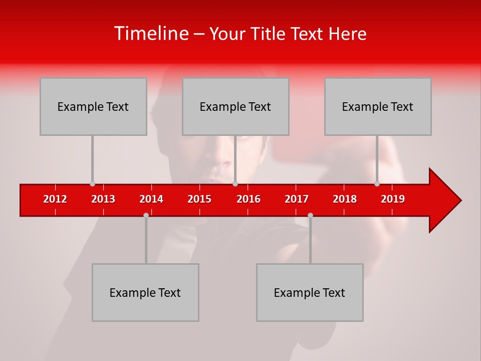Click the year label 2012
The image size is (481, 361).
[x=55, y=199]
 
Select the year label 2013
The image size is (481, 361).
[x=103, y=199]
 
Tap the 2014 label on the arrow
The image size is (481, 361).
[x=151, y=199]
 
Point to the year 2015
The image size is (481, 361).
[x=199, y=199]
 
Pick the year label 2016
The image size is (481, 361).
[x=249, y=199]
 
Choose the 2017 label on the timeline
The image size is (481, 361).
[x=297, y=199]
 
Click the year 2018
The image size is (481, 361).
[x=345, y=199]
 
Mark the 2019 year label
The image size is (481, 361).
[x=393, y=199]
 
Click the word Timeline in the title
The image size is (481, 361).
[x=150, y=34]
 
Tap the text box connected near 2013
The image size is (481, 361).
[x=93, y=106]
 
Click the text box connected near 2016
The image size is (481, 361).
[x=235, y=106]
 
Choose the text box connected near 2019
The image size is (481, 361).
[x=378, y=106]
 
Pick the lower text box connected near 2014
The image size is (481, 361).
[x=145, y=292]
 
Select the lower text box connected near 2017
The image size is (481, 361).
[x=310, y=292]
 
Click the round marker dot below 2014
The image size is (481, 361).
[x=146, y=215]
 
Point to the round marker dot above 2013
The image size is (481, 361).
[x=92, y=184]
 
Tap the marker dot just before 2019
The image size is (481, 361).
[x=377, y=184]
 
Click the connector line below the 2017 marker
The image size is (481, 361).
[x=310, y=241]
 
